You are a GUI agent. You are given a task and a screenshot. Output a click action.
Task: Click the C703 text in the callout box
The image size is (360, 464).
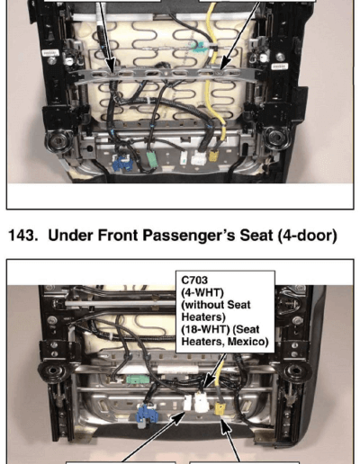click(194, 280)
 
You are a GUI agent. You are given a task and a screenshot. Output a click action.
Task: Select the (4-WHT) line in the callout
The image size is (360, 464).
click(202, 292)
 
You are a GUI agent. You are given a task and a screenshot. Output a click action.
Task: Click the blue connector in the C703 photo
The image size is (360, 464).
click(147, 414)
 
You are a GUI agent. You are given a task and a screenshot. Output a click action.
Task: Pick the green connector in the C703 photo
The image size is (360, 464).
click(138, 380)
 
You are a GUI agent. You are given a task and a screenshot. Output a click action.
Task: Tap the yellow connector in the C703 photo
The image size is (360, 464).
click(220, 408)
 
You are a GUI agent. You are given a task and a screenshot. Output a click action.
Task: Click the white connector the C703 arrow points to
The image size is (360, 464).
click(202, 402)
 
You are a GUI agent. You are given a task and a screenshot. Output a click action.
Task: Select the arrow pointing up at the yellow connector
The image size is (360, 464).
click(231, 439)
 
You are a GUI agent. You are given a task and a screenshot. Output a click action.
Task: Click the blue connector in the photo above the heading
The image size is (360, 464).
click(122, 163)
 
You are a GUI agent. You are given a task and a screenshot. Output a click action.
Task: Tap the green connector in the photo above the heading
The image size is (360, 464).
click(152, 161)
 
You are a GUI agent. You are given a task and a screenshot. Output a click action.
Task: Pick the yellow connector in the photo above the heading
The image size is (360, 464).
click(213, 156)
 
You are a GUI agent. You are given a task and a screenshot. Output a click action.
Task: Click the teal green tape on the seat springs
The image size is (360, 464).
click(196, 48)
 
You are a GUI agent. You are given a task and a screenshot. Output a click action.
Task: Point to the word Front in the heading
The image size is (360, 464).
click(118, 236)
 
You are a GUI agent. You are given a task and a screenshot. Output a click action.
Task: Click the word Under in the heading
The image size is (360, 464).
click(71, 236)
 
